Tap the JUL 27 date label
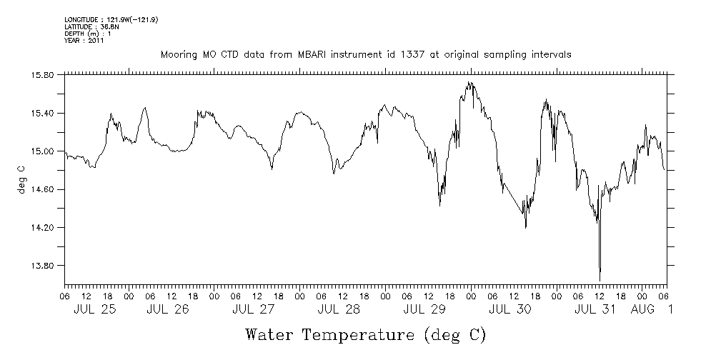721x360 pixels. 253,309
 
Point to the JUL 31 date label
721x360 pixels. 595,309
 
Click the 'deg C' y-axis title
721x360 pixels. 21,179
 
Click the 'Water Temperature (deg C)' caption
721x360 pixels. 365,335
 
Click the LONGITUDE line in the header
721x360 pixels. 111,20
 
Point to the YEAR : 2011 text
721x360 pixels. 84,41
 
